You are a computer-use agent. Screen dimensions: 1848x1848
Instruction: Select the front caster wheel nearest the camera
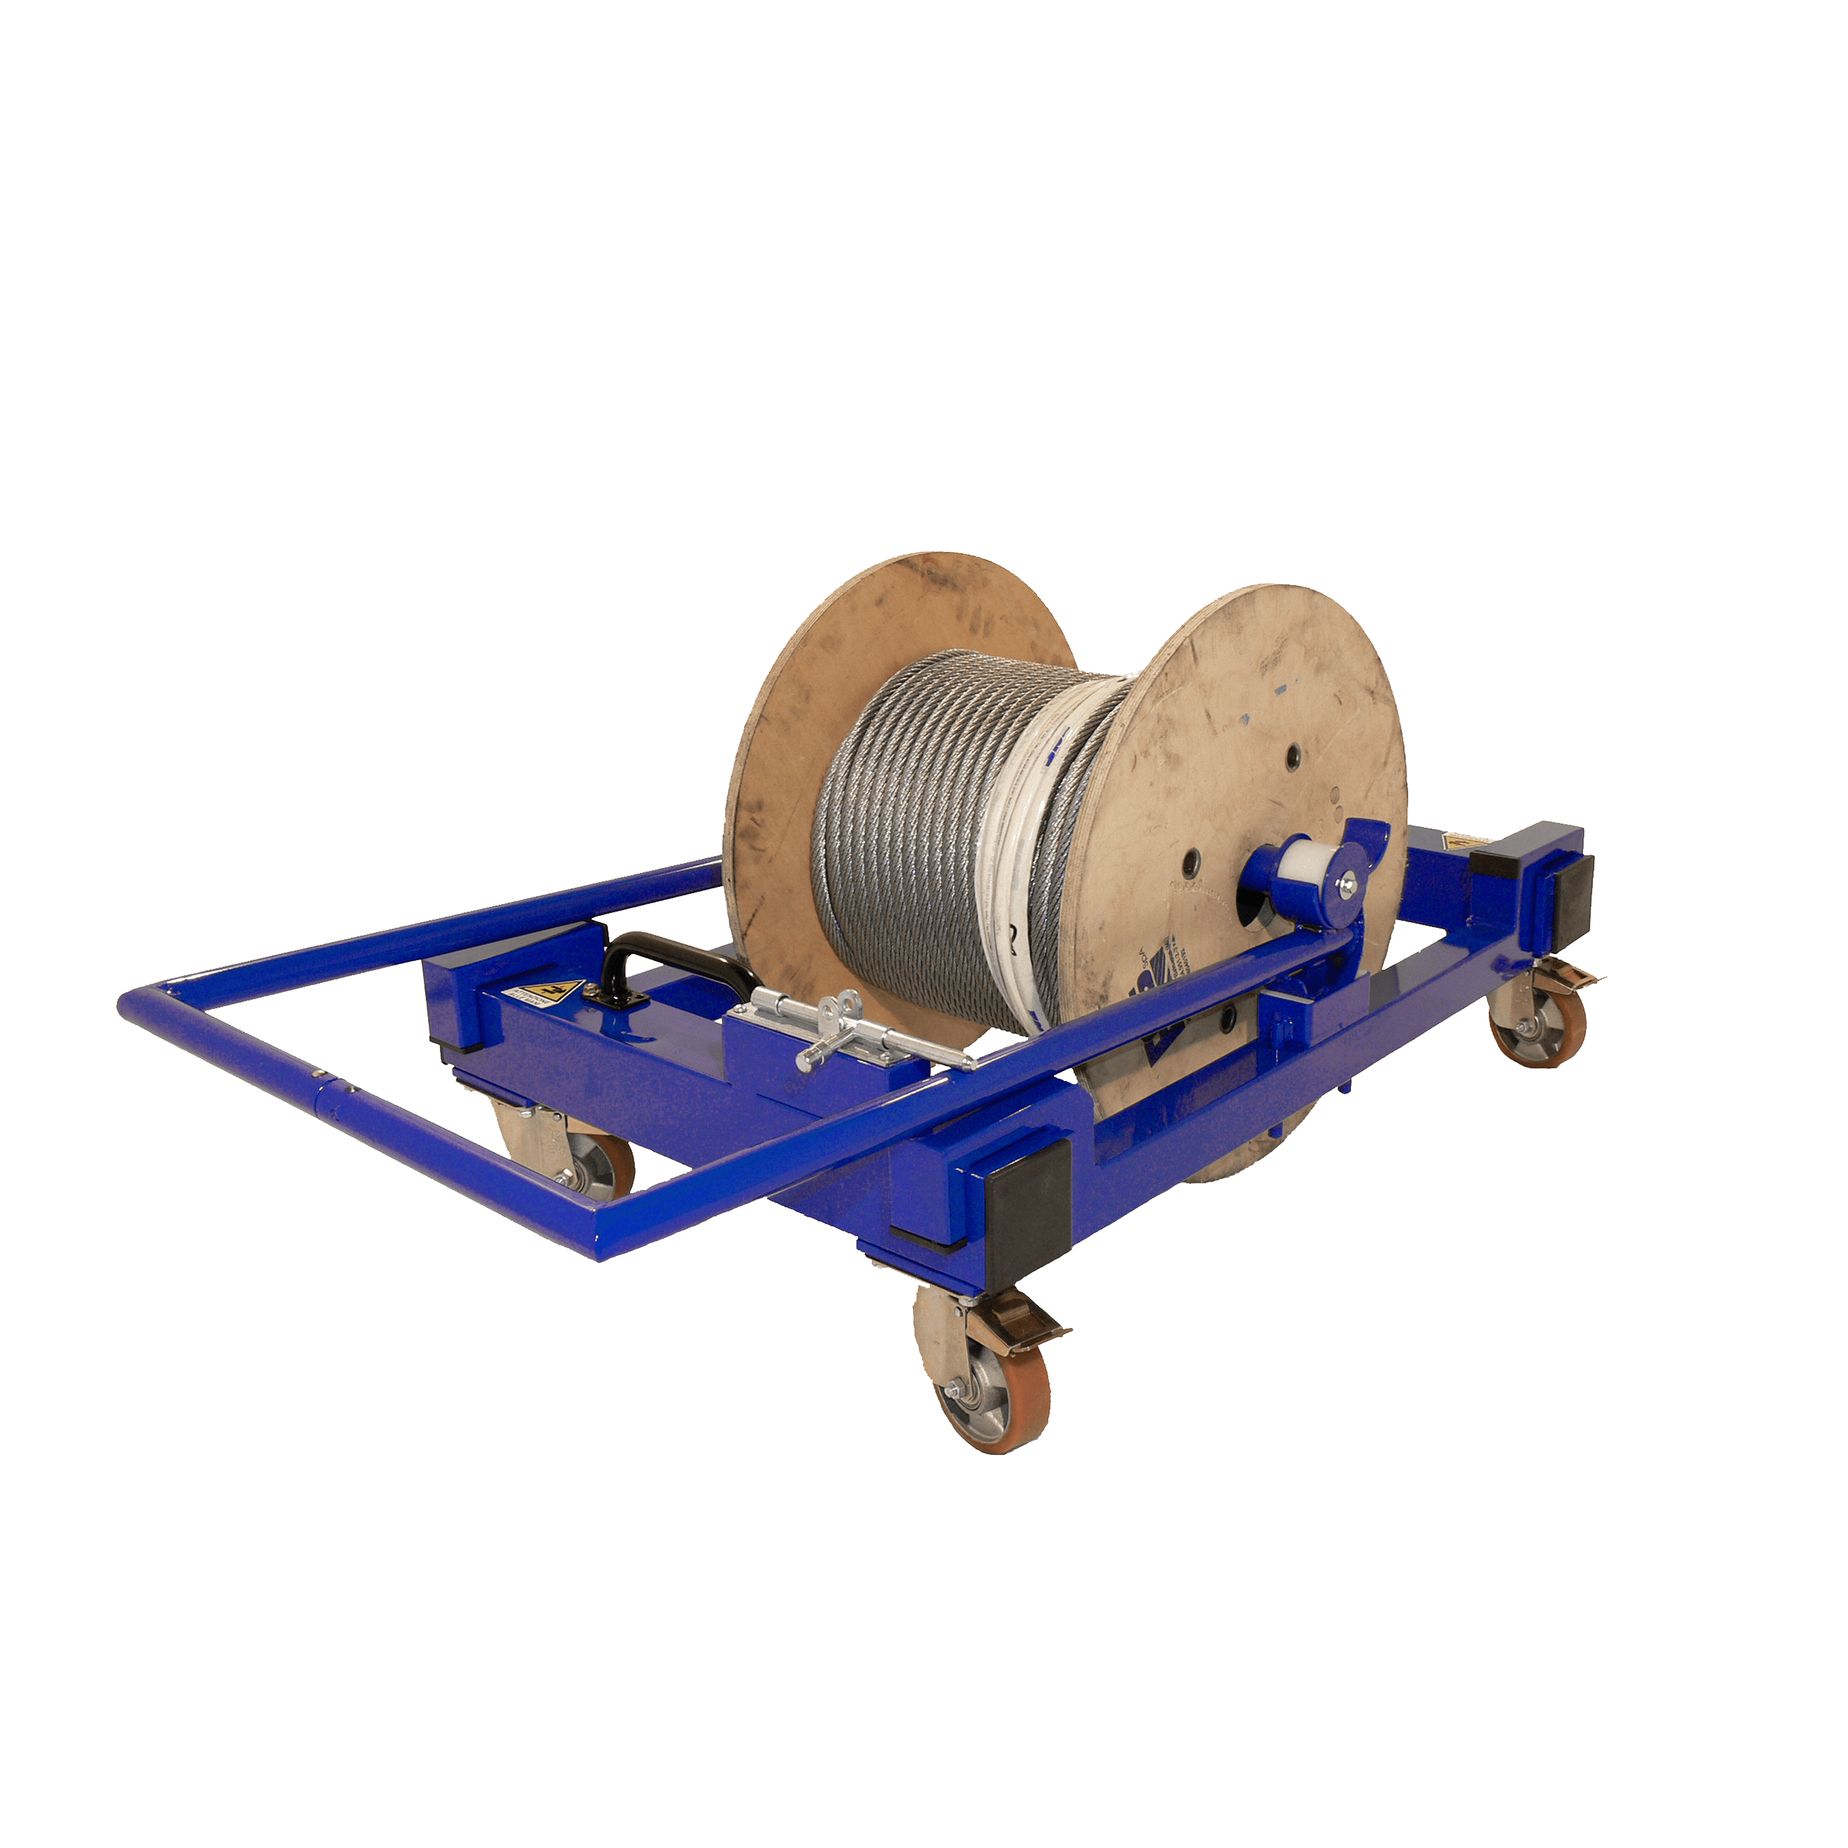tap(992, 1402)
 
